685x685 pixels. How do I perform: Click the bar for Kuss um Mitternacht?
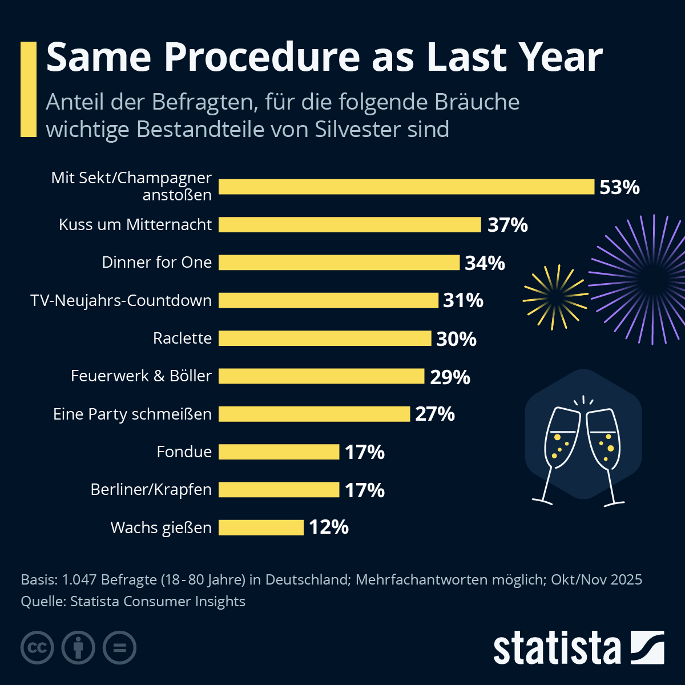click(349, 225)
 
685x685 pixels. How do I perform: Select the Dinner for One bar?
click(339, 263)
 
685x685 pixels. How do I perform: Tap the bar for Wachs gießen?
click(261, 527)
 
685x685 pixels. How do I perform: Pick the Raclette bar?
click(324, 339)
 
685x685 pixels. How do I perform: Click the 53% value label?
click(619, 187)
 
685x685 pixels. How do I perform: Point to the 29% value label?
click(450, 377)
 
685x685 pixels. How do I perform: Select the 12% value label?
click(329, 527)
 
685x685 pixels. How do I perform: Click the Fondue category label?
click(184, 452)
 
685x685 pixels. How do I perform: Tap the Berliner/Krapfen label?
click(151, 490)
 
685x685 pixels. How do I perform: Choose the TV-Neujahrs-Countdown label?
click(121, 300)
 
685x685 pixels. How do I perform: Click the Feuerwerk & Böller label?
click(141, 376)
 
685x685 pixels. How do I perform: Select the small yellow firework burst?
click(555, 297)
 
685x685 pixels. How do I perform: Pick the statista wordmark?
click(557, 648)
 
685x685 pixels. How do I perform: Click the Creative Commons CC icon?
click(37, 648)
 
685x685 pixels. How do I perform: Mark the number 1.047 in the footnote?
click(77, 579)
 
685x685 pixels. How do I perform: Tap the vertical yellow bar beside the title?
click(28, 89)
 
